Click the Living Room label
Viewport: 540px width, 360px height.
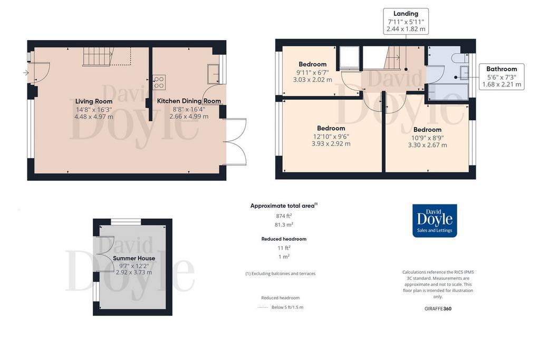point(94,101)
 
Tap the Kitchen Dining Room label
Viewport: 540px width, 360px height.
point(189,101)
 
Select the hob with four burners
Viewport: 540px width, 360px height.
point(159,82)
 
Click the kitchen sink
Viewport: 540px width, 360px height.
point(214,73)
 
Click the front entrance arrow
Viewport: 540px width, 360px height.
point(26,73)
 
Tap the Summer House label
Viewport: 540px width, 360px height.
point(134,258)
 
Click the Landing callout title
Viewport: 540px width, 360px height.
point(406,13)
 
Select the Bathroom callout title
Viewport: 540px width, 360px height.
point(502,69)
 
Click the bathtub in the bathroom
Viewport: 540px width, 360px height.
point(448,92)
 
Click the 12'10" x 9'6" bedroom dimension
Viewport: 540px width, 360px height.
point(331,137)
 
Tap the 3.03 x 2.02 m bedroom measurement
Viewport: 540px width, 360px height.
point(313,80)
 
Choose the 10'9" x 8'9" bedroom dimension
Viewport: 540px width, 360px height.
point(427,138)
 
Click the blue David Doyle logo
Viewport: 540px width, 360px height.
point(435,221)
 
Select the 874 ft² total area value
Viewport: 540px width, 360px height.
point(284,216)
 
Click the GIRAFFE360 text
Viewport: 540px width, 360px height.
point(438,309)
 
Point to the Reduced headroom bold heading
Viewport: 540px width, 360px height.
point(284,239)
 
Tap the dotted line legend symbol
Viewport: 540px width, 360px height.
point(263,307)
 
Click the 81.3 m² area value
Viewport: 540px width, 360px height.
point(284,225)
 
